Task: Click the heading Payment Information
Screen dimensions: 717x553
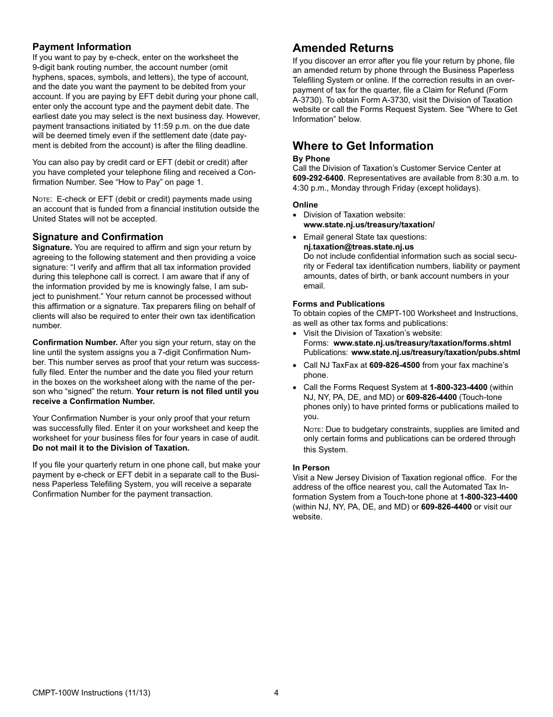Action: pyautogui.click(x=81, y=47)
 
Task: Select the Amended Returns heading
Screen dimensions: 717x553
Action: pyautogui.click(x=343, y=48)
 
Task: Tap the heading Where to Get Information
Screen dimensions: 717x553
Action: pyautogui.click(x=363, y=146)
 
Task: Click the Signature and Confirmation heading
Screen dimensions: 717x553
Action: pyautogui.click(x=98, y=237)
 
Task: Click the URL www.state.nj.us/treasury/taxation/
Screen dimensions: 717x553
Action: pyautogui.click(x=369, y=224)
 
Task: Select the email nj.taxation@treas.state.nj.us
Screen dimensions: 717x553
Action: pyautogui.click(x=359, y=247)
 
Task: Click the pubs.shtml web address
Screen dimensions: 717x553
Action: pyautogui.click(x=435, y=352)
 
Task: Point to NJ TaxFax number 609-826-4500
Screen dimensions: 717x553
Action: pyautogui.click(x=394, y=365)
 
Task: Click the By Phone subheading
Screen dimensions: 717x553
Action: pyautogui.click(x=311, y=159)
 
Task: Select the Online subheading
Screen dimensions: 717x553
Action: pyautogui.click(x=305, y=205)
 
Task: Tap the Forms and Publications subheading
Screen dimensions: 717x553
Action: pyautogui.click(x=338, y=304)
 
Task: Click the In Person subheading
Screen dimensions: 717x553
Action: pyautogui.click(x=311, y=468)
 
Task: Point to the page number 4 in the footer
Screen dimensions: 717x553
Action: pyautogui.click(x=276, y=693)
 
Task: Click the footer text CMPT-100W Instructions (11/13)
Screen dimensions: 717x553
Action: pyautogui.click(x=91, y=693)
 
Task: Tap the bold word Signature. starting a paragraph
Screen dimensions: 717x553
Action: pyautogui.click(x=52, y=247)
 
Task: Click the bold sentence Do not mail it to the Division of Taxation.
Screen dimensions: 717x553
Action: pyautogui.click(x=111, y=448)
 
